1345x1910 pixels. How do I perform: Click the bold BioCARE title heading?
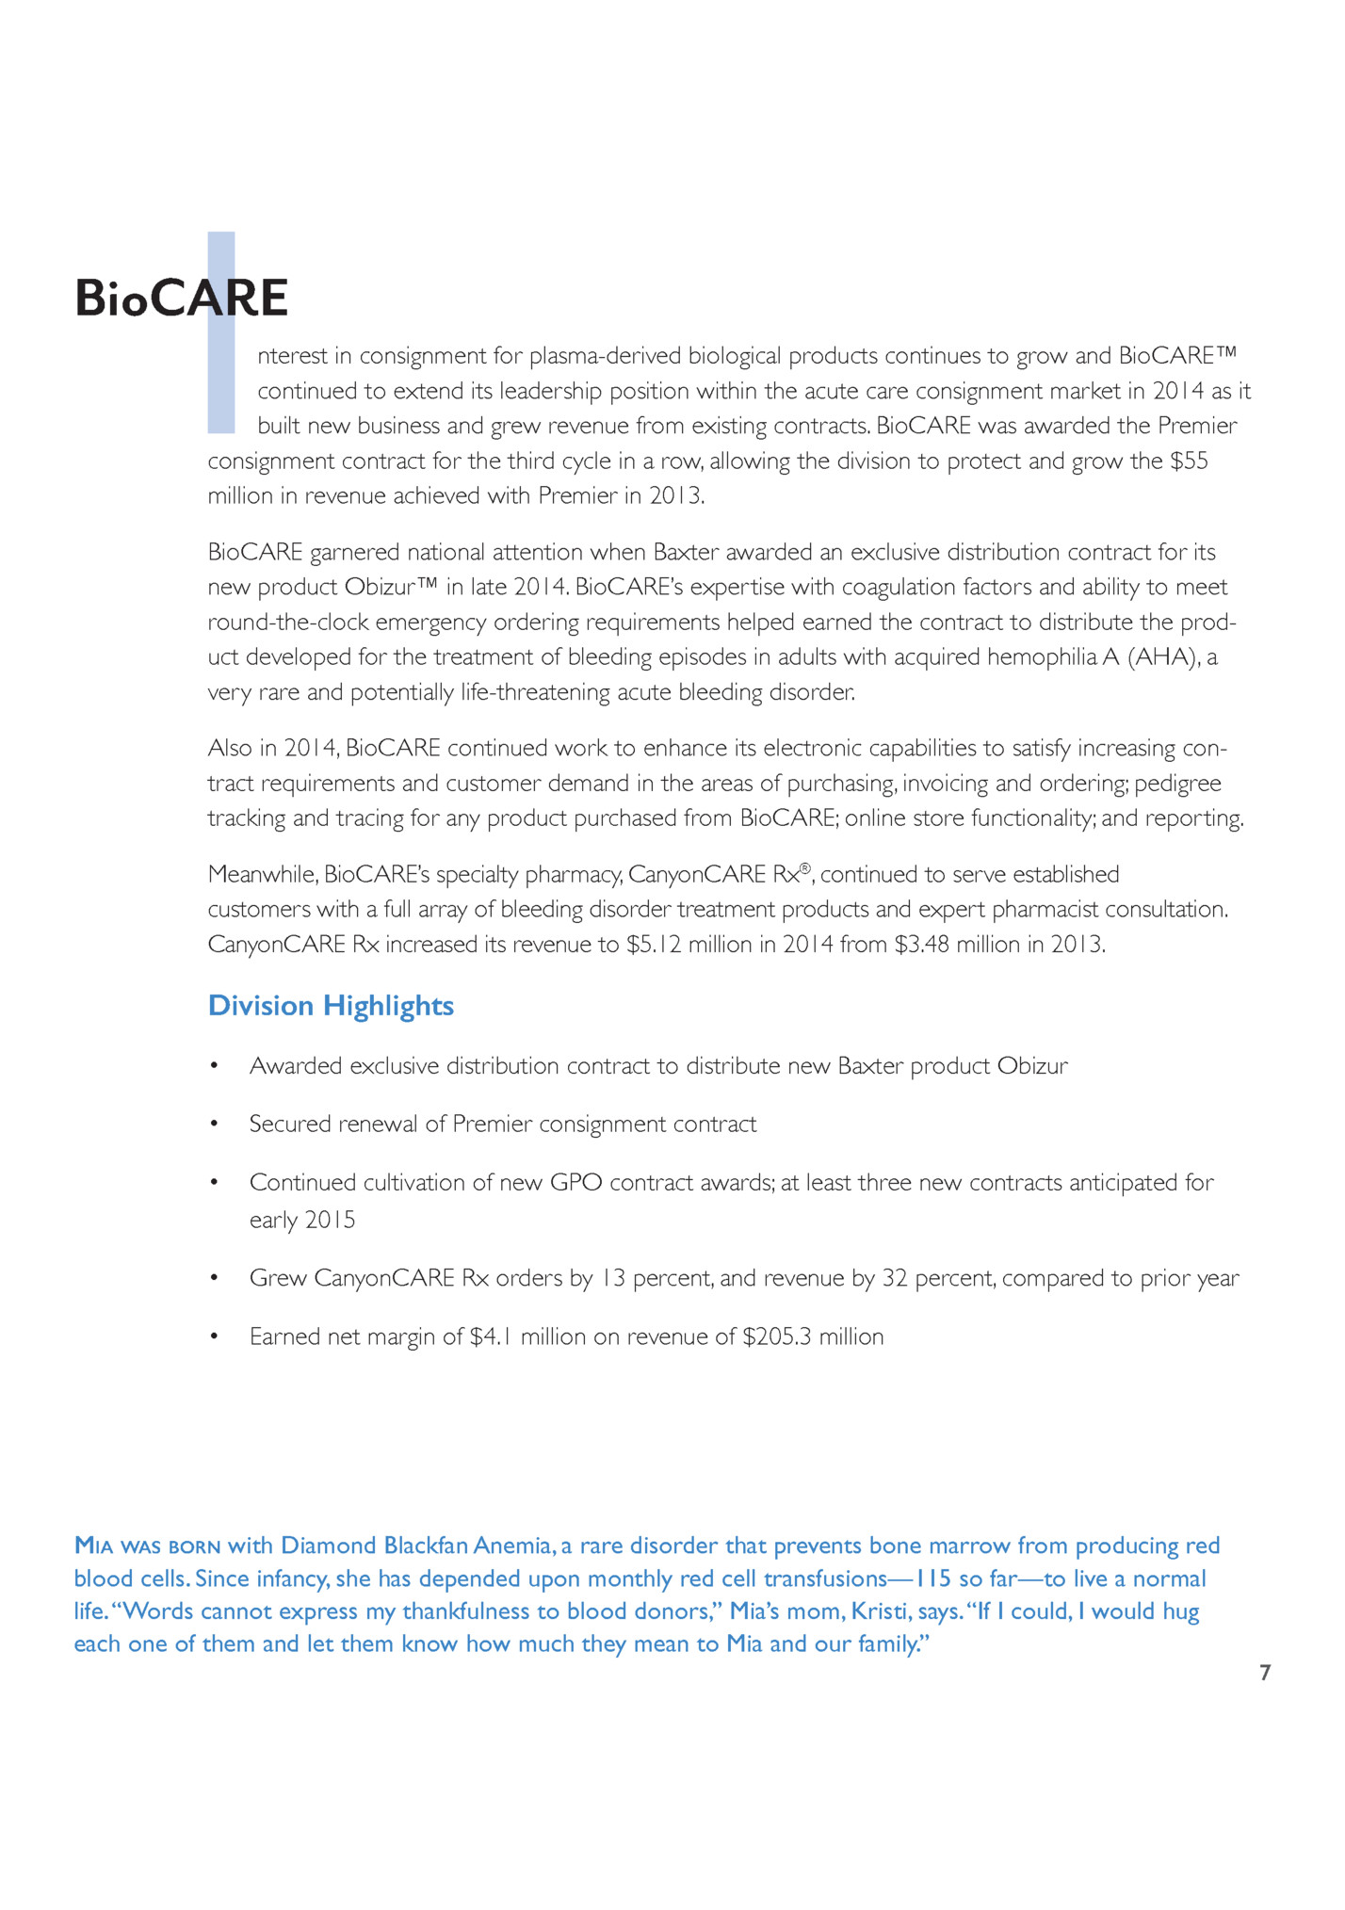[181, 299]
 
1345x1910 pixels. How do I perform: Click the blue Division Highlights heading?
[331, 1006]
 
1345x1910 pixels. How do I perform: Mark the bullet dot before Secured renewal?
[215, 1125]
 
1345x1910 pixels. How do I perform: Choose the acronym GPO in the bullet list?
[575, 1183]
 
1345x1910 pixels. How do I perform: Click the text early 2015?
[302, 1221]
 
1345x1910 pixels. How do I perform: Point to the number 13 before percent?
[612, 1279]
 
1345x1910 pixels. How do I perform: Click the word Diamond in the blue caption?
[329, 1546]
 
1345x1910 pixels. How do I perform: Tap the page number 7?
[1265, 1673]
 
